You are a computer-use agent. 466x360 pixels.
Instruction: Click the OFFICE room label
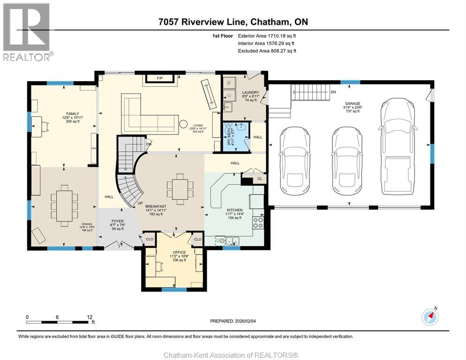click(x=179, y=252)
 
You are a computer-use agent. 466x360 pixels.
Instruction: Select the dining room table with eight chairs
click(x=64, y=206)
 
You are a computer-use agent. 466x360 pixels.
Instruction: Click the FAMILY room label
click(x=72, y=113)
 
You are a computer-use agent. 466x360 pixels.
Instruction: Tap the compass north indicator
click(x=430, y=317)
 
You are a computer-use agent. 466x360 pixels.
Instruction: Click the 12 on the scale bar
click(x=89, y=317)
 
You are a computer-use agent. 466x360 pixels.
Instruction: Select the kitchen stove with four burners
click(x=258, y=222)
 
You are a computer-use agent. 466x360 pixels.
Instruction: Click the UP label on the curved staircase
click(x=139, y=203)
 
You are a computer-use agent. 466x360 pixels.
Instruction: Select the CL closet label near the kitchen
click(x=259, y=178)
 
